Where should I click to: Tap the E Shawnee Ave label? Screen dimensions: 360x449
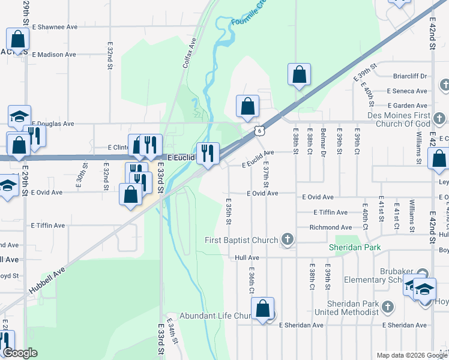coord(55,27)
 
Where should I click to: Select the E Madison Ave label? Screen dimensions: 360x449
coord(54,55)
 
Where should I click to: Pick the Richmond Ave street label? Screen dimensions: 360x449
coord(331,227)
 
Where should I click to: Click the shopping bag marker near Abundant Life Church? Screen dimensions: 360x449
coord(263,309)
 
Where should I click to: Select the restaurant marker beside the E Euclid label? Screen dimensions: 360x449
coord(208,154)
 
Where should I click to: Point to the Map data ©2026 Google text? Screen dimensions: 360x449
coord(411,355)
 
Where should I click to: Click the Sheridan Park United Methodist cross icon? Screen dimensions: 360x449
coord(388,307)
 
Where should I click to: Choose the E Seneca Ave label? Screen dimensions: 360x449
coord(407,91)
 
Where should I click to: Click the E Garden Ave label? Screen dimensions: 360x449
coord(407,106)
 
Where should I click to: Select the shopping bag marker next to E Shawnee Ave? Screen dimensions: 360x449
coord(18,40)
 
